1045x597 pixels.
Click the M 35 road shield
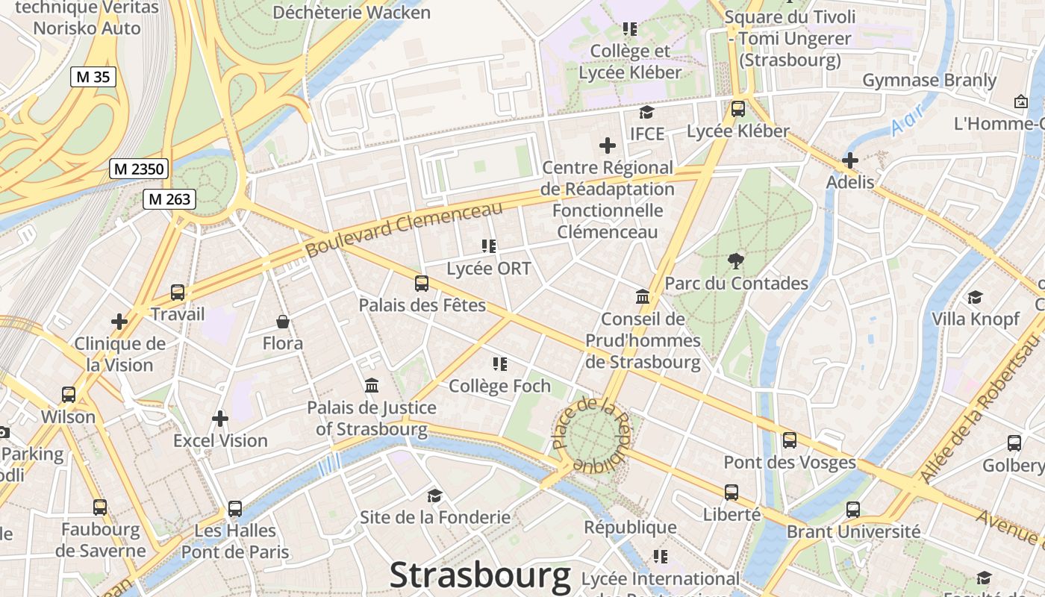pyautogui.click(x=93, y=76)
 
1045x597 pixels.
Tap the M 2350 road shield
pyautogui.click(x=139, y=169)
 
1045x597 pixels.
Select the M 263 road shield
pyautogui.click(x=169, y=199)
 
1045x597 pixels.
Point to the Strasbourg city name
pyautogui.click(x=480, y=576)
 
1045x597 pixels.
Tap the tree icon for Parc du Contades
pyautogui.click(x=736, y=260)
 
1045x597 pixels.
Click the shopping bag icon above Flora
pyautogui.click(x=283, y=322)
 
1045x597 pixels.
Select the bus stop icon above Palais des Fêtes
pyautogui.click(x=422, y=284)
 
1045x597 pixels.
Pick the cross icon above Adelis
pyautogui.click(x=849, y=160)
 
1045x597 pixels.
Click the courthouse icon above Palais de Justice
pyautogui.click(x=371, y=386)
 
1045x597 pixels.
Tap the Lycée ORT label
pyautogui.click(x=488, y=269)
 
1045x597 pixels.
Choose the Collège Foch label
pyautogui.click(x=499, y=386)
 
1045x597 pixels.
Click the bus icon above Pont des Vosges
pyautogui.click(x=789, y=440)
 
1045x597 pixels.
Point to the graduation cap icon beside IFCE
pyautogui.click(x=646, y=113)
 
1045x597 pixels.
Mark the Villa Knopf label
pyautogui.click(x=975, y=319)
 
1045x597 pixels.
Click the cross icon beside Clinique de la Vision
pyautogui.click(x=119, y=322)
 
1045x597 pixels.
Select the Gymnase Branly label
pyautogui.click(x=929, y=81)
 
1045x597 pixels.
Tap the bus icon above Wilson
pyautogui.click(x=69, y=394)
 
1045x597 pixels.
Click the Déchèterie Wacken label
pyautogui.click(x=351, y=13)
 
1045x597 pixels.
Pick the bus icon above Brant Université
pyautogui.click(x=853, y=510)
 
